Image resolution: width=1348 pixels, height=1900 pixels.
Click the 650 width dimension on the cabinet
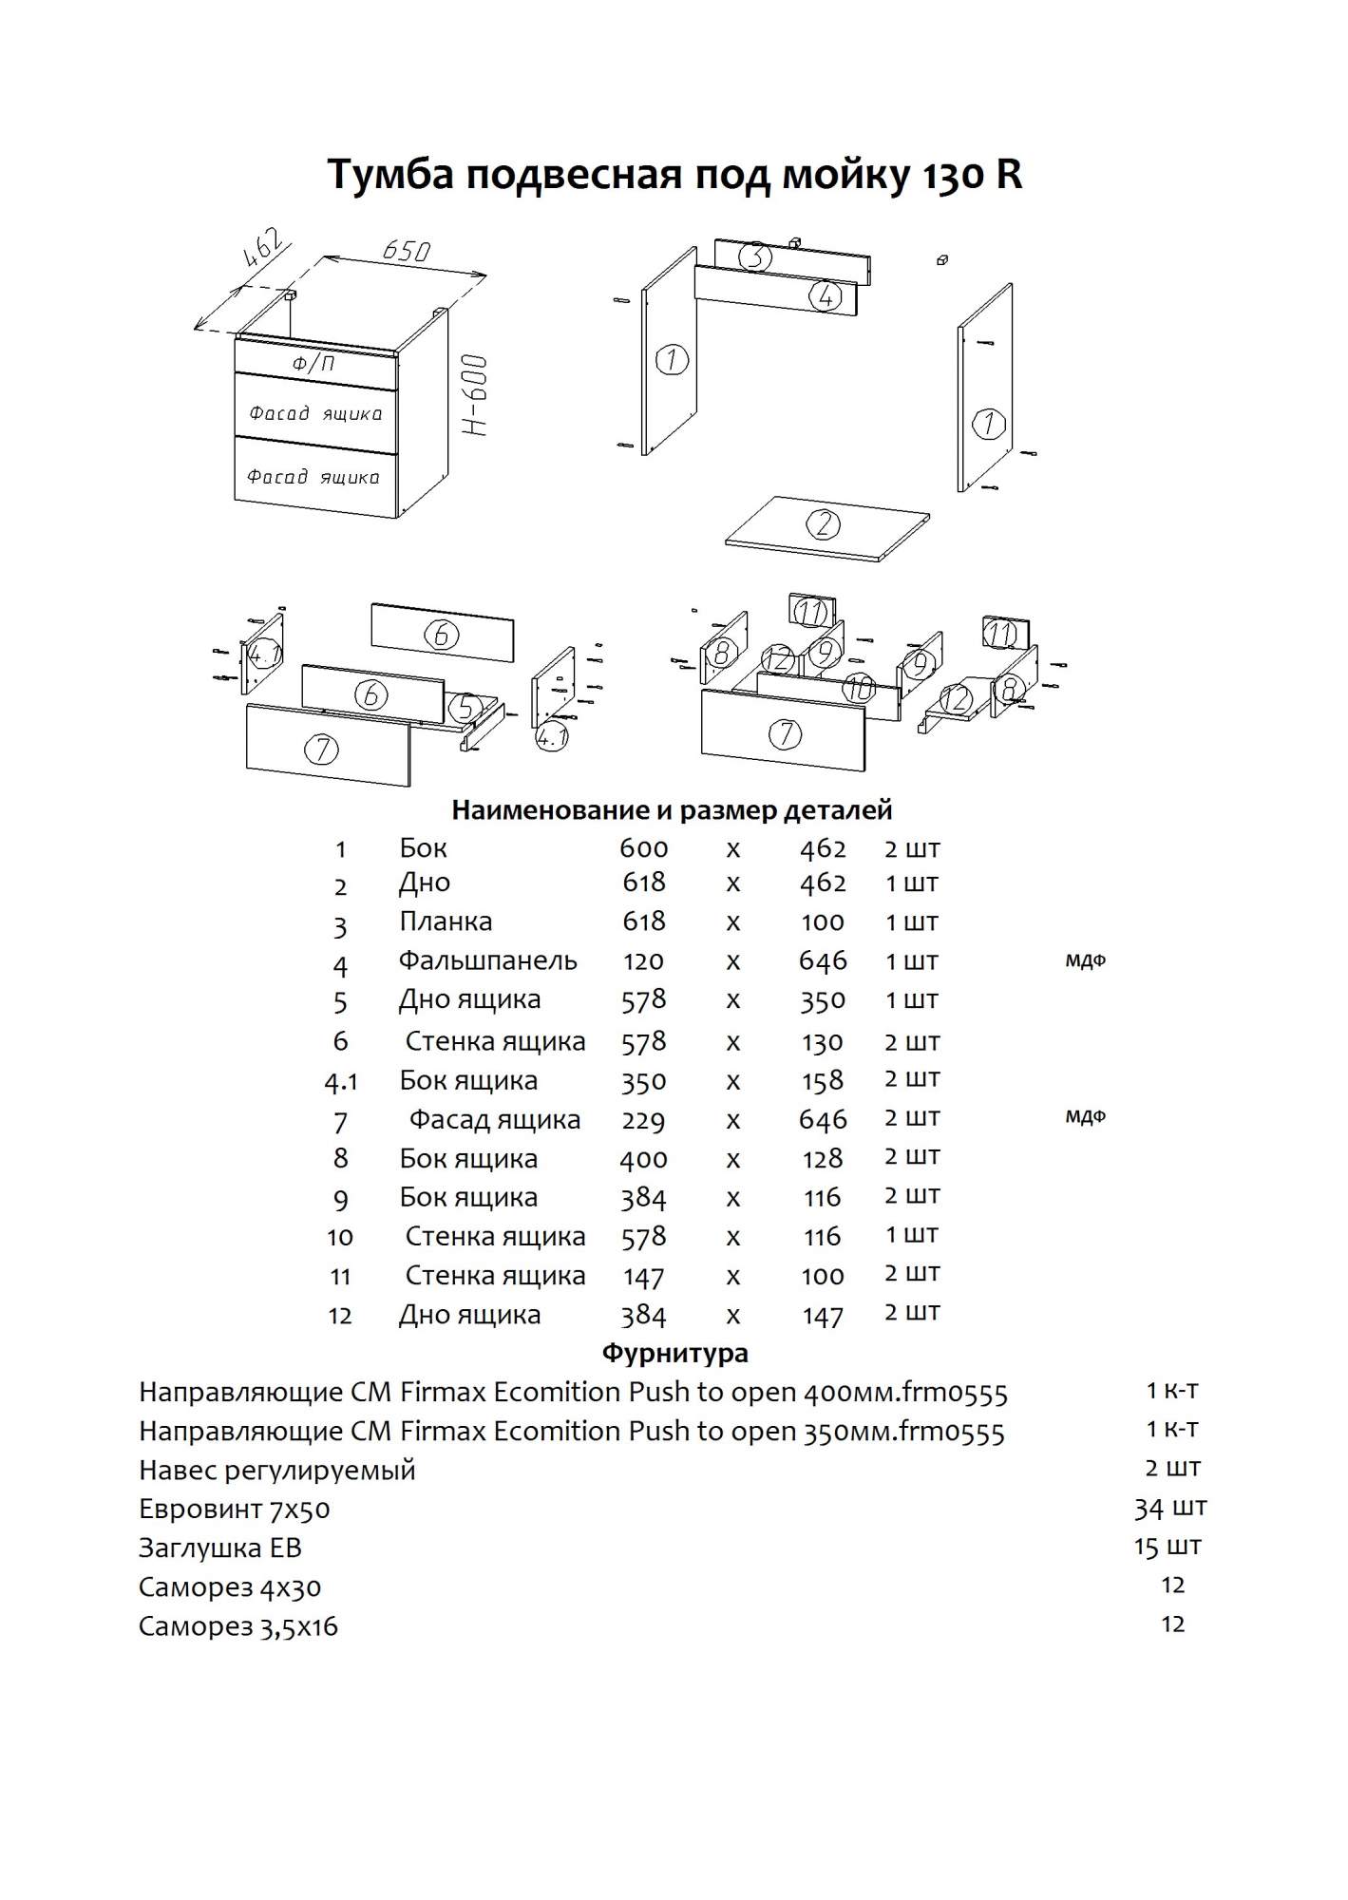pos(407,251)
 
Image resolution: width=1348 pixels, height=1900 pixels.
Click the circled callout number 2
pos(824,523)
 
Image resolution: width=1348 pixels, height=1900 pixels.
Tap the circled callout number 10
pos(859,688)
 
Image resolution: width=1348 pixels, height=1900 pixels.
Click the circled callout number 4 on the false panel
pos(825,296)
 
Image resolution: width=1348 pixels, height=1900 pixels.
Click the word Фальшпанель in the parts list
pos(487,960)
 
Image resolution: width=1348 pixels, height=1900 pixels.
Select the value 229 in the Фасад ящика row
pos(643,1120)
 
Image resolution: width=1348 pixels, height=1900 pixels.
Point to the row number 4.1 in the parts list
pos(340,1082)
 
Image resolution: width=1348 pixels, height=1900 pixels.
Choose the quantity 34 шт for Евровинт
pos(1170,1508)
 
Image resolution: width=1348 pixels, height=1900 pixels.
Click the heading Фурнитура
pos(674,1352)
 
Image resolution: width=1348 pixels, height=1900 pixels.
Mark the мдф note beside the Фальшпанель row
pos(1085,960)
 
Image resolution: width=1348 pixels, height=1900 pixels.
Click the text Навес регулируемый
pos(277,1470)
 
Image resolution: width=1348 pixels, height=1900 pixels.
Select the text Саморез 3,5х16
pos(238,1625)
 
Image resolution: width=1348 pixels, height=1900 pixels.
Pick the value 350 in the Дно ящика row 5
pos(822,1000)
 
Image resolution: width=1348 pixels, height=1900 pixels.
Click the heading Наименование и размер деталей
pos(672,810)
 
